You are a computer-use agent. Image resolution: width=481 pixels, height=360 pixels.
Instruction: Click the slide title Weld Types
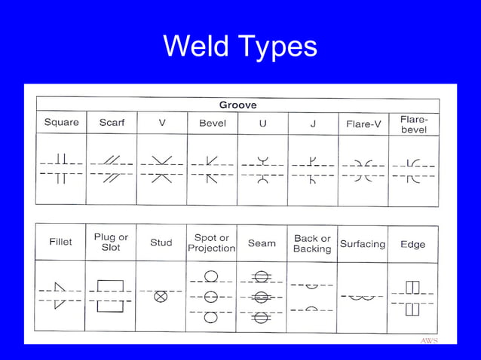click(240, 47)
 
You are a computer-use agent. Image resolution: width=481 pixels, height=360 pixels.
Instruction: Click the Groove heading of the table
click(238, 105)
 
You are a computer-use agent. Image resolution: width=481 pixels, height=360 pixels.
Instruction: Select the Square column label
click(62, 122)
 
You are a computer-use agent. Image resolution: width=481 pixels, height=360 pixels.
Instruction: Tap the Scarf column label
click(112, 123)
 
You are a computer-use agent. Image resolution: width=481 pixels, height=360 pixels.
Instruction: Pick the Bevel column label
click(213, 124)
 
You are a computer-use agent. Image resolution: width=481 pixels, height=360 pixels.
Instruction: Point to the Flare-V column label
click(363, 124)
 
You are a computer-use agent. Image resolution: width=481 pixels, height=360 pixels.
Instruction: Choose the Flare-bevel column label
click(414, 124)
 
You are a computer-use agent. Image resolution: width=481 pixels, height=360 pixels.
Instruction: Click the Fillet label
click(61, 242)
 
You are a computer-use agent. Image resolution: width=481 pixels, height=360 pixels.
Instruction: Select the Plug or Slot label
click(111, 242)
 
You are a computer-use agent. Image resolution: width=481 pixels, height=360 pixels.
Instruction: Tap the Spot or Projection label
click(212, 243)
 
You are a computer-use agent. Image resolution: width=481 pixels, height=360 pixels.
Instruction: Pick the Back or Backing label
click(312, 243)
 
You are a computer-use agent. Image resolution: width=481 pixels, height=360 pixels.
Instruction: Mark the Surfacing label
click(363, 244)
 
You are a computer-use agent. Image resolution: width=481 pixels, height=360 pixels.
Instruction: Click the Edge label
click(413, 245)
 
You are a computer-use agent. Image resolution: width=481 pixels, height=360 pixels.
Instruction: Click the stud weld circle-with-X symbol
click(161, 296)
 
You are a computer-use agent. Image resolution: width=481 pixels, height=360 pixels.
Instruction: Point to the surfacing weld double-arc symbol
click(363, 297)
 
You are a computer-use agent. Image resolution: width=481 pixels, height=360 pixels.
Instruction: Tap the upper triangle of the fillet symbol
click(60, 287)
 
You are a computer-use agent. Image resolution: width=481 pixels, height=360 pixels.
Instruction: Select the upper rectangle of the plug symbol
click(110, 285)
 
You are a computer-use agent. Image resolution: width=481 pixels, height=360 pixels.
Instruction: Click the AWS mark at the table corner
click(429, 340)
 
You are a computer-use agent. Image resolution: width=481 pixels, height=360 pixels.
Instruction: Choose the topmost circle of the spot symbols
click(211, 276)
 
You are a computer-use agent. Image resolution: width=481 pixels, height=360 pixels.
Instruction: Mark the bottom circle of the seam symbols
click(262, 318)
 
